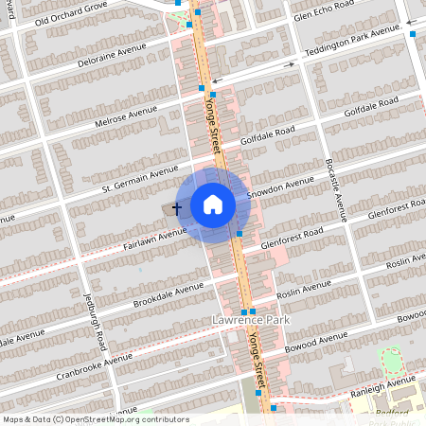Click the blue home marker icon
click(213, 204)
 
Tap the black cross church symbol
click(177, 206)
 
